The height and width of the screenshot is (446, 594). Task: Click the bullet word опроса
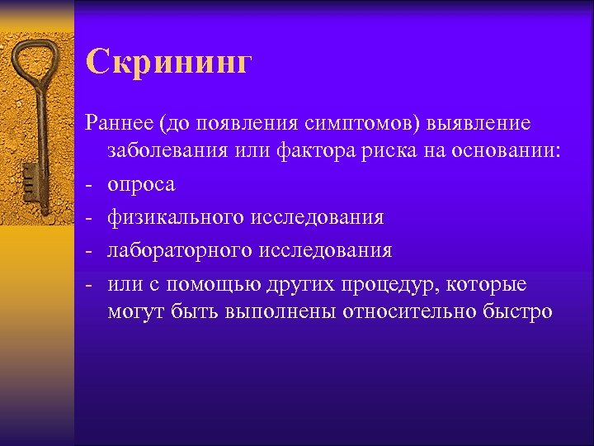(x=140, y=185)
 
